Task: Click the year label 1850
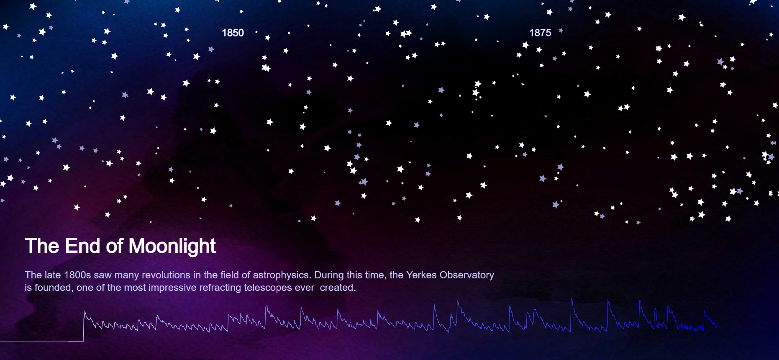tap(233, 33)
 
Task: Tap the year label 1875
tap(540, 33)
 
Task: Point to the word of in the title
tap(114, 246)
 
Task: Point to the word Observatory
tap(466, 275)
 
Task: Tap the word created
tap(338, 288)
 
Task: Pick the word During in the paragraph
tap(328, 275)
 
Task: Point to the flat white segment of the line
tap(42, 342)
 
